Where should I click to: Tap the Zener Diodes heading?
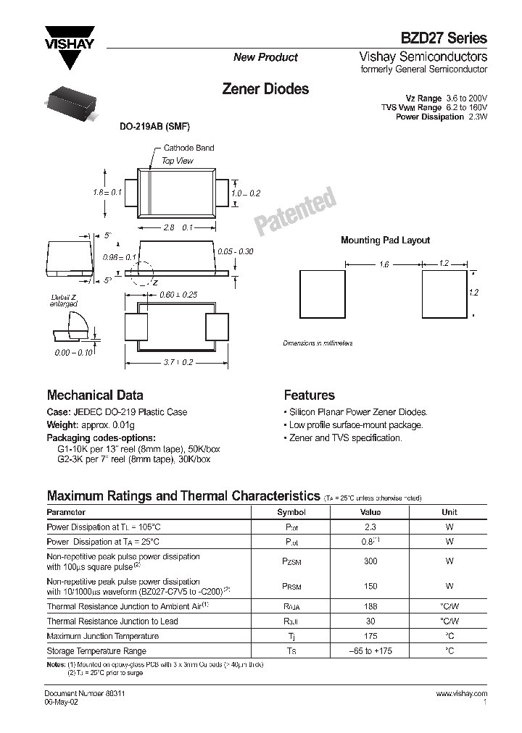pos(265,89)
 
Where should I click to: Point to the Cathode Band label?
pos(188,148)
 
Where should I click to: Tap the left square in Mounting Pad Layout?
pos(323,293)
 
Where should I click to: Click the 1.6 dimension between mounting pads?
pos(384,265)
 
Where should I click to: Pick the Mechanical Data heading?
pos(95,395)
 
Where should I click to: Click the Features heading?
pos(309,395)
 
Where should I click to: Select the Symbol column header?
pos(291,511)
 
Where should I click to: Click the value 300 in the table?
pos(370,561)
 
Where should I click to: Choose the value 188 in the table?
pos(370,606)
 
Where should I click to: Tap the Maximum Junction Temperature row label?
pos(102,636)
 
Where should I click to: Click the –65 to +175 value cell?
pos(370,651)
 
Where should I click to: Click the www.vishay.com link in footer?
pos(462,694)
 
